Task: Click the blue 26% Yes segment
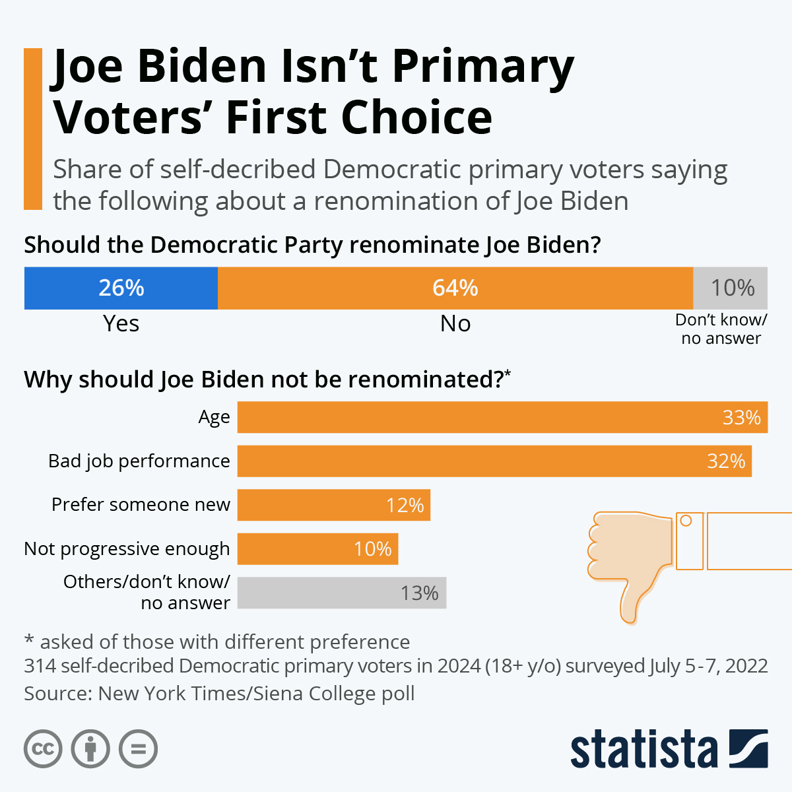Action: click(121, 288)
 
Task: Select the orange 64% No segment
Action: click(455, 288)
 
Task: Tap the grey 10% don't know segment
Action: click(731, 288)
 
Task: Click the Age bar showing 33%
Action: click(502, 417)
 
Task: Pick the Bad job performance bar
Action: click(494, 461)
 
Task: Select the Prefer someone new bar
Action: click(333, 505)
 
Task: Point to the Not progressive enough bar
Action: click(317, 548)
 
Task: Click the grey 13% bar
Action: click(341, 593)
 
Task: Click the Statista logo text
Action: click(643, 750)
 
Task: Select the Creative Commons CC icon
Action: click(43, 749)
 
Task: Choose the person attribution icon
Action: click(90, 749)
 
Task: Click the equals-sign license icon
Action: click(138, 749)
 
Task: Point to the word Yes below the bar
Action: click(121, 323)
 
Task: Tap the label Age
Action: click(214, 418)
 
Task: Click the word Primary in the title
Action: click(483, 68)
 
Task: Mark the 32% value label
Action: click(726, 461)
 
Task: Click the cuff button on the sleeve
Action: click(686, 521)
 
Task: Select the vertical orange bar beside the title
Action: click(33, 129)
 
